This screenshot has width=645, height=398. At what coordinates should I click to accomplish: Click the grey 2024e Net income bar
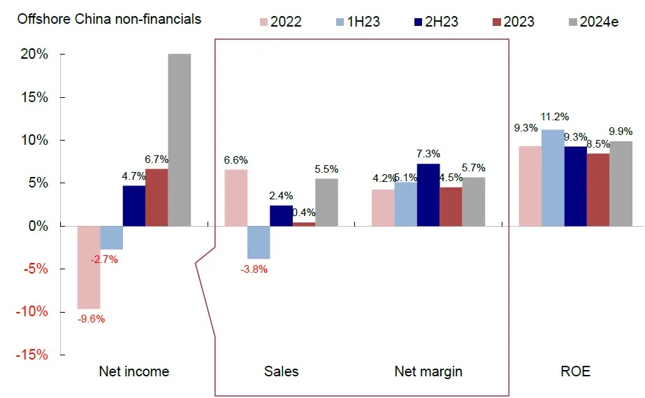pyautogui.click(x=180, y=140)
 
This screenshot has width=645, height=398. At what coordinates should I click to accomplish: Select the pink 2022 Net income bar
pyautogui.click(x=89, y=267)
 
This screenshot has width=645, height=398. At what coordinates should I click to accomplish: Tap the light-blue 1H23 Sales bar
pyautogui.click(x=259, y=242)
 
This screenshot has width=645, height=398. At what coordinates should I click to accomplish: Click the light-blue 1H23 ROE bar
pyautogui.click(x=553, y=178)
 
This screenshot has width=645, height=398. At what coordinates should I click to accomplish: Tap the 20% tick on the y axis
pyautogui.click(x=34, y=54)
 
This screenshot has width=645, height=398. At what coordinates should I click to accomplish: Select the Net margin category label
pyautogui.click(x=428, y=371)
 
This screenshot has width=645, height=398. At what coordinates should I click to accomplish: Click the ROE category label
pyautogui.click(x=576, y=371)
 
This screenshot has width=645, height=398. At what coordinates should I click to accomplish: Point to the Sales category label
pyautogui.click(x=282, y=371)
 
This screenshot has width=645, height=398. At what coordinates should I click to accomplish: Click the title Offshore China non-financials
pyautogui.click(x=110, y=19)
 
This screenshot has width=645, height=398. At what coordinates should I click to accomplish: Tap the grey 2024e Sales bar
pyautogui.click(x=326, y=202)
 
